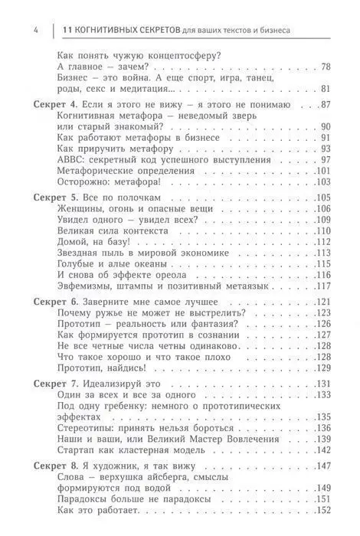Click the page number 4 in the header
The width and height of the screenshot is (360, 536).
(x=15, y=30)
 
